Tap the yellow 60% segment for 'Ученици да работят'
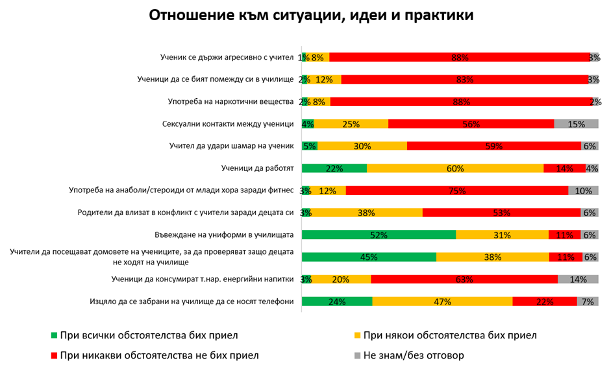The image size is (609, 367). (x=455, y=168)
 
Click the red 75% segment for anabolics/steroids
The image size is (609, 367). (x=457, y=190)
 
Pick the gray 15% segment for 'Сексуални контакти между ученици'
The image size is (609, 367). (x=576, y=124)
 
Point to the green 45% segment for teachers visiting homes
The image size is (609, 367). (x=369, y=257)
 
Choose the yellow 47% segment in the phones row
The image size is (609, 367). (x=442, y=301)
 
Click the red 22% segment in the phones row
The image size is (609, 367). (x=545, y=301)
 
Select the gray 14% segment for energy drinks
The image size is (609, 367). (x=578, y=279)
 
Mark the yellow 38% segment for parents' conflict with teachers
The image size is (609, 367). (x=367, y=212)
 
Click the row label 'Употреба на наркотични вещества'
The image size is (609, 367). (x=230, y=102)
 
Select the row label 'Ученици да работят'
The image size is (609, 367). (x=258, y=168)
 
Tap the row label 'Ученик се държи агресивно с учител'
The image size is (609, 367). (x=227, y=57)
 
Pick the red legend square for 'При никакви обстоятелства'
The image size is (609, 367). (x=55, y=355)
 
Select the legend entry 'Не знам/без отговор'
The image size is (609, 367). (x=414, y=355)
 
